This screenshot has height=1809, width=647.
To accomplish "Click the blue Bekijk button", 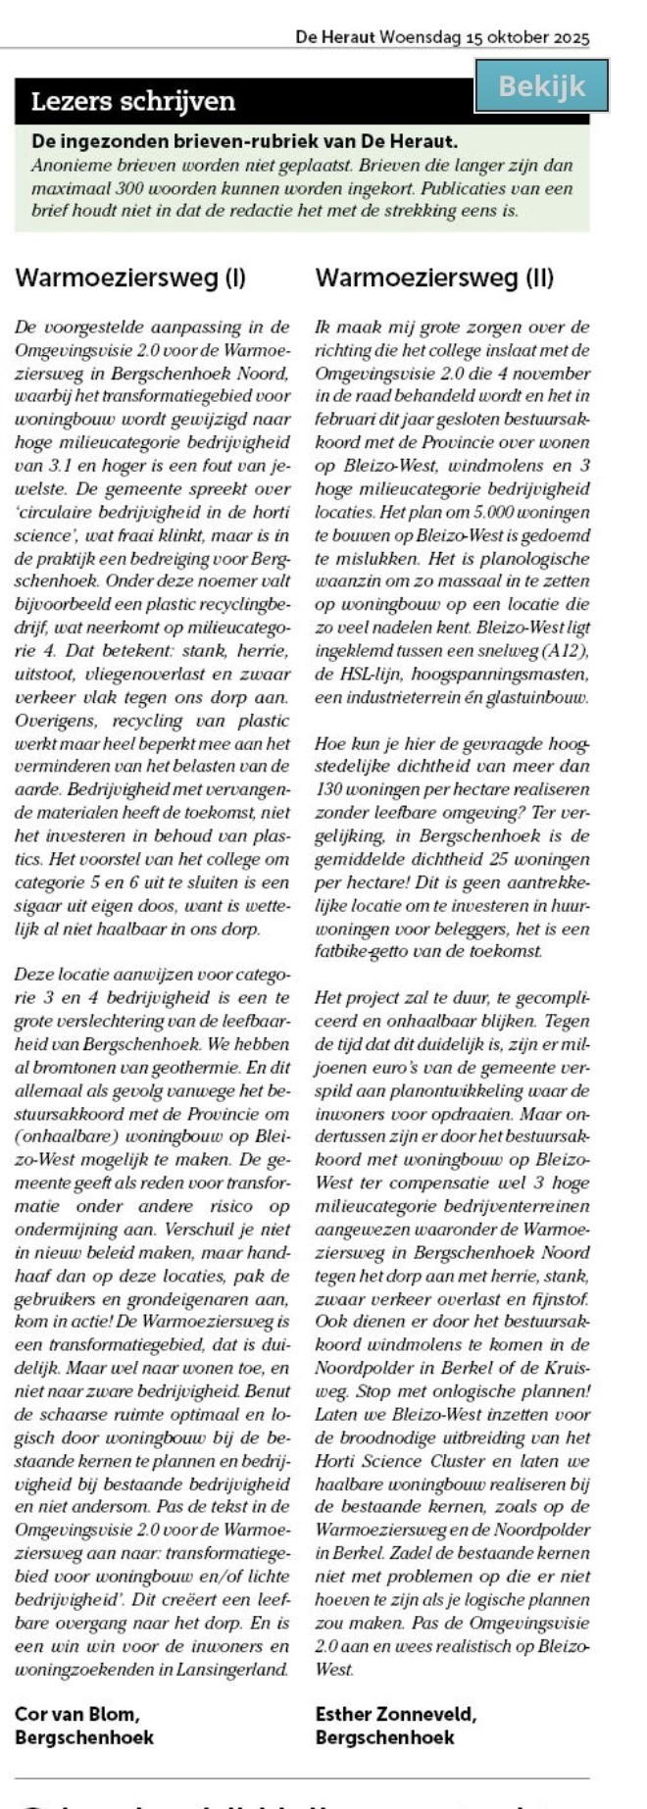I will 541,86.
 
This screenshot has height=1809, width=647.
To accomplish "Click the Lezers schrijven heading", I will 133,102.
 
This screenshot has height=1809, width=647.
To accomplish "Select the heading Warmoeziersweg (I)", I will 130,277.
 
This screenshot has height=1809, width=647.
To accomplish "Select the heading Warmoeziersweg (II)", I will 434,277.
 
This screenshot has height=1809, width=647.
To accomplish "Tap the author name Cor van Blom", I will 77,1714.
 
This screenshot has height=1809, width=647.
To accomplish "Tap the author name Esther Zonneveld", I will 395,1714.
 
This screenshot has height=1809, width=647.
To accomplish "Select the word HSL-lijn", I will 375,675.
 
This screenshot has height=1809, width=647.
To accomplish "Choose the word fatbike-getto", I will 360,951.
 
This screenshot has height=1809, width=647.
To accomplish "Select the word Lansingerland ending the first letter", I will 232,1670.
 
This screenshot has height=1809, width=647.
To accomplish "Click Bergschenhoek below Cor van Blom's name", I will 84,1737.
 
